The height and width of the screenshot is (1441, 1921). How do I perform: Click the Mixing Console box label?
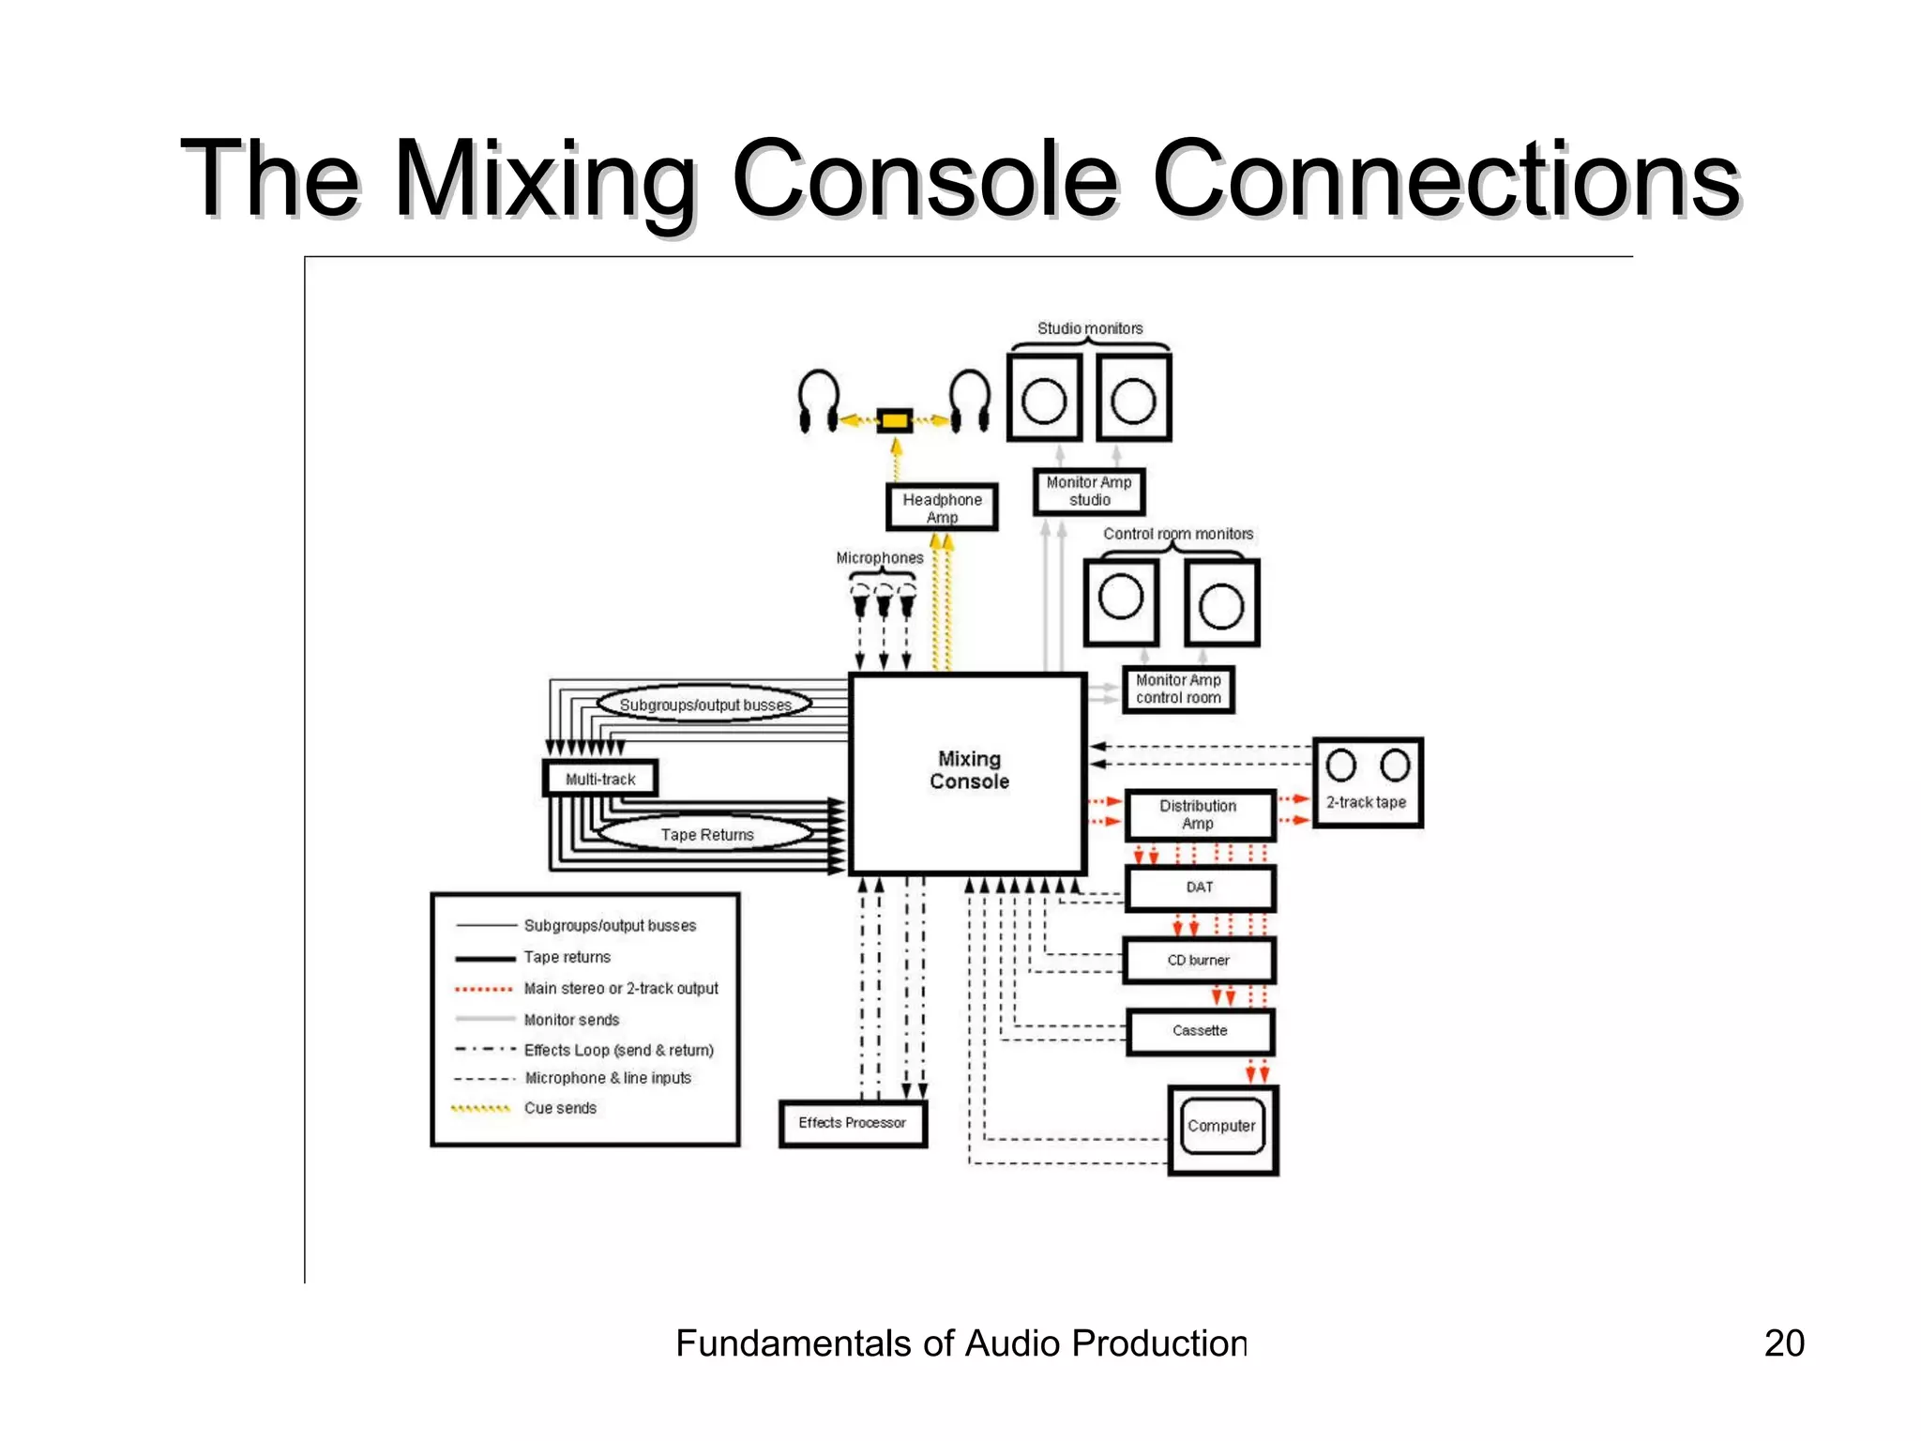(x=969, y=770)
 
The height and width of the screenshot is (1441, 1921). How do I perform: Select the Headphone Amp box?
(x=942, y=508)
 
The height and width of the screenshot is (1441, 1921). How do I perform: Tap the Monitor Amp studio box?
(x=1089, y=492)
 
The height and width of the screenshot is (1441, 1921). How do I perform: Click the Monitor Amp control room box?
(x=1178, y=690)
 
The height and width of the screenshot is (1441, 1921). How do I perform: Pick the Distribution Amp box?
(x=1199, y=814)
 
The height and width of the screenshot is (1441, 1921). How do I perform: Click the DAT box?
(x=1200, y=887)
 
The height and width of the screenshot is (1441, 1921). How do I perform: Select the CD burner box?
(x=1199, y=961)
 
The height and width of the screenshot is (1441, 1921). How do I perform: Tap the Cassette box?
(x=1200, y=1031)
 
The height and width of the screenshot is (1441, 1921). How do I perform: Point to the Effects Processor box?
(x=853, y=1123)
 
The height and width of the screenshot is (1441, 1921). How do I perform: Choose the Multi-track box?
(x=600, y=779)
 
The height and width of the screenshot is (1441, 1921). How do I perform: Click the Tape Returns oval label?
(x=706, y=834)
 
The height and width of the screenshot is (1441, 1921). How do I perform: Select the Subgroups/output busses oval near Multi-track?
(x=704, y=705)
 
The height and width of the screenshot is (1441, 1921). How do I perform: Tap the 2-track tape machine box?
(x=1367, y=783)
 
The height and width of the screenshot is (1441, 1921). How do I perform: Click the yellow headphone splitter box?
(x=894, y=420)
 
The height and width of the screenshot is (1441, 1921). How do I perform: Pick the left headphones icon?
(x=818, y=402)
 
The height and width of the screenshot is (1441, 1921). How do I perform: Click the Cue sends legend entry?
(x=560, y=1108)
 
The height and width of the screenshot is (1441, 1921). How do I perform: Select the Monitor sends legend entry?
(x=571, y=1020)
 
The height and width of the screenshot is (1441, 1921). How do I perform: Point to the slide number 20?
(x=1783, y=1343)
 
